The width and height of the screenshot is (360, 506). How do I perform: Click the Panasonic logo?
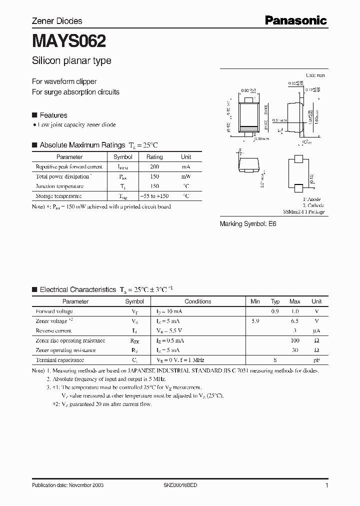(296, 20)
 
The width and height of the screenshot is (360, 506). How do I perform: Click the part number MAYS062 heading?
(69, 41)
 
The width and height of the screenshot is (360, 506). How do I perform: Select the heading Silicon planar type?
(71, 61)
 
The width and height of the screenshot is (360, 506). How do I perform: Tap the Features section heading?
(53, 115)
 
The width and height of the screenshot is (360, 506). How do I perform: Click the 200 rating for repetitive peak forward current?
(155, 167)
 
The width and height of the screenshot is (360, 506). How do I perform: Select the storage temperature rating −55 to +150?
(155, 196)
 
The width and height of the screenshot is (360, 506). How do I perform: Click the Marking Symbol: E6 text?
(248, 224)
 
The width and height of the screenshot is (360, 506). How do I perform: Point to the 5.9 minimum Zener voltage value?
(255, 321)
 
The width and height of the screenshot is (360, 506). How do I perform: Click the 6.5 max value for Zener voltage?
(294, 321)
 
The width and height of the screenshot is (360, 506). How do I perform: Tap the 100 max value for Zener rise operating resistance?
(294, 340)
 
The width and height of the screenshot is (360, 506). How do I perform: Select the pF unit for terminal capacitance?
(316, 360)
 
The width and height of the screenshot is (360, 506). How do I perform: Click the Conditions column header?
(197, 301)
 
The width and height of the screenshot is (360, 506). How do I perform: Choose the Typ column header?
(275, 301)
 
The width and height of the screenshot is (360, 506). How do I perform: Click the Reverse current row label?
(54, 330)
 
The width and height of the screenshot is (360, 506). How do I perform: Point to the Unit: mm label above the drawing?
(315, 75)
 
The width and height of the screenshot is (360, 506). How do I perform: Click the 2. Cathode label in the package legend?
(313, 205)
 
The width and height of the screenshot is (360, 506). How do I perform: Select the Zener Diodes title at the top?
(57, 21)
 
